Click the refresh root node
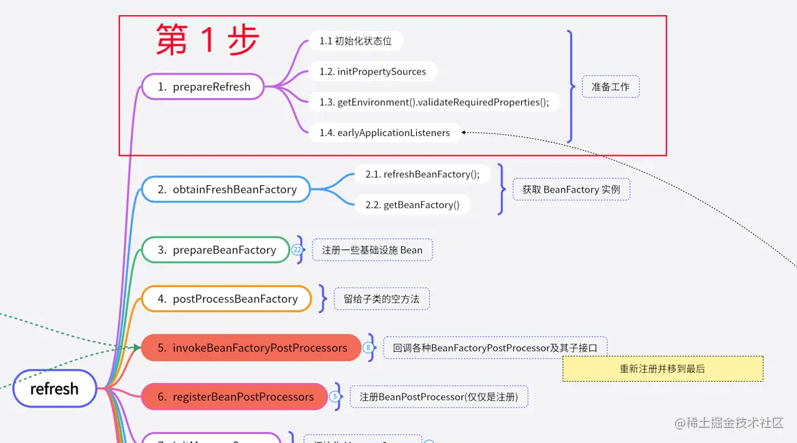point(54,389)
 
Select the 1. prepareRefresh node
point(203,86)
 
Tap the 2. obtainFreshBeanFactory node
point(226,189)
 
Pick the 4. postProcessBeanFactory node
point(227,299)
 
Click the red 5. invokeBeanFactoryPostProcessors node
point(251,348)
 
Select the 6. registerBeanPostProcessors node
point(235,397)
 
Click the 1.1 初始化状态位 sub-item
point(356,41)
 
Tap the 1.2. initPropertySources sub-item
point(373,71)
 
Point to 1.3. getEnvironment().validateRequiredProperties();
point(434,102)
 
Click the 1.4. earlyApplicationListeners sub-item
point(384,133)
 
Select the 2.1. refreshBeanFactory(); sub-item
point(422,174)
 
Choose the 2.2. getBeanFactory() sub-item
point(412,205)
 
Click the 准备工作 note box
point(610,86)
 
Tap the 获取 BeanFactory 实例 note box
point(571,189)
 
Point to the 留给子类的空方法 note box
point(381,299)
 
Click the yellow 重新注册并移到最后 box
point(662,369)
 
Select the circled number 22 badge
point(297,250)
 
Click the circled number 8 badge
point(369,348)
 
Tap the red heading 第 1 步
point(206,39)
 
